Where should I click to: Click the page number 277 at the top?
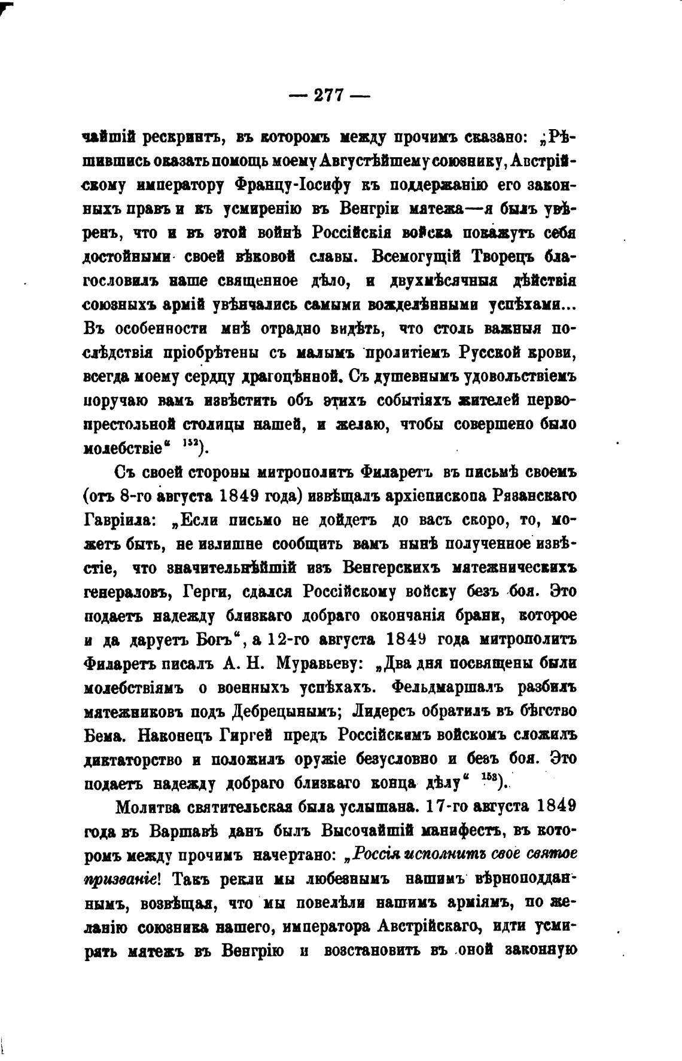(329, 95)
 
